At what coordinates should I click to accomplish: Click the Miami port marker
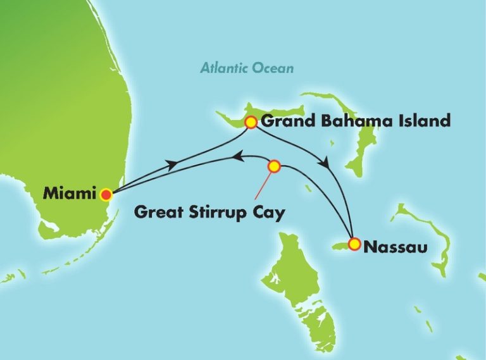pyautogui.click(x=106, y=194)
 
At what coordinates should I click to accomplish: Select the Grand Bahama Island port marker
pyautogui.click(x=251, y=122)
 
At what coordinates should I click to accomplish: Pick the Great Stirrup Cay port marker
pyautogui.click(x=274, y=166)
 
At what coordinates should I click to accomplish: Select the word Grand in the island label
pyautogui.click(x=284, y=121)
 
